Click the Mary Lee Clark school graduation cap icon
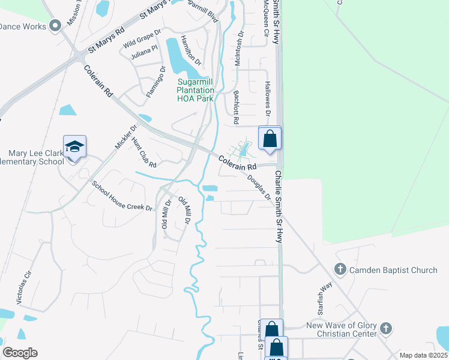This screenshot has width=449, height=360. tap(74, 146)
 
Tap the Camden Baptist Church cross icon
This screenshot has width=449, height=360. tap(340, 269)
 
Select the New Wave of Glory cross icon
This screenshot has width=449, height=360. tap(386, 329)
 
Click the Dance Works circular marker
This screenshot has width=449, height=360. tap(56, 25)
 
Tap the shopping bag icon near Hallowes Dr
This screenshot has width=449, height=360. tap(270, 138)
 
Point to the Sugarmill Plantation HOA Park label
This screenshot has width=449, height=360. tap(195, 90)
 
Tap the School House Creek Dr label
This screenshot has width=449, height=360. tap(122, 195)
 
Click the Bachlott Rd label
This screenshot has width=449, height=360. tap(237, 108)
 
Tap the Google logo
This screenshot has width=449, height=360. tap(20, 353)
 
